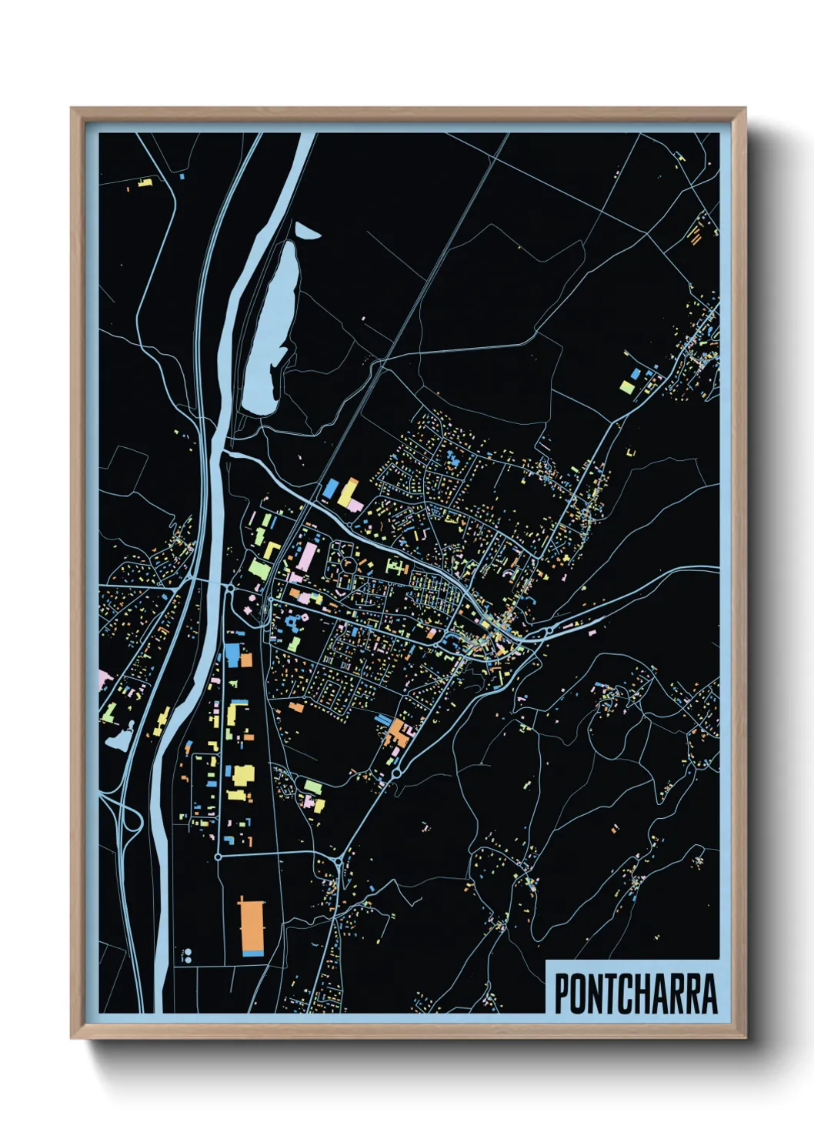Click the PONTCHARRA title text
635,994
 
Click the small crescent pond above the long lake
305,230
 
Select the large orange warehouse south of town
251,926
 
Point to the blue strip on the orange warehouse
252,954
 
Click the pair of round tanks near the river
186,956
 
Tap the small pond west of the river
119,740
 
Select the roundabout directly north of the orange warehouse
219,856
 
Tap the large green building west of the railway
259,569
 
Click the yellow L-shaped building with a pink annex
350,495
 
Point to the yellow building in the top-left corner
144,182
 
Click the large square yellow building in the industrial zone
242,775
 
